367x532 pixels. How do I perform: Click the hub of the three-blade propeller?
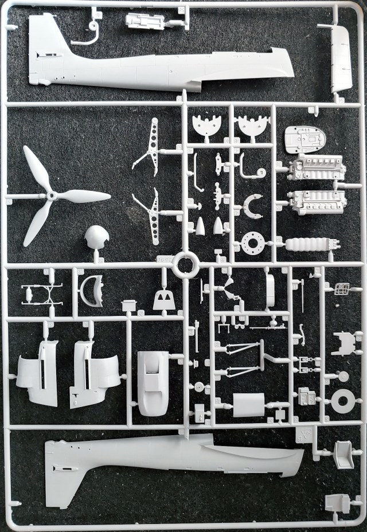(52, 196)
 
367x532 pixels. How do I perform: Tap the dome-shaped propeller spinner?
(96, 237)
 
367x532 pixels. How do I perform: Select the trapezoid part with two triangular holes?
(164, 299)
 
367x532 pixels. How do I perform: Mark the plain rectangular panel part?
(248, 405)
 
